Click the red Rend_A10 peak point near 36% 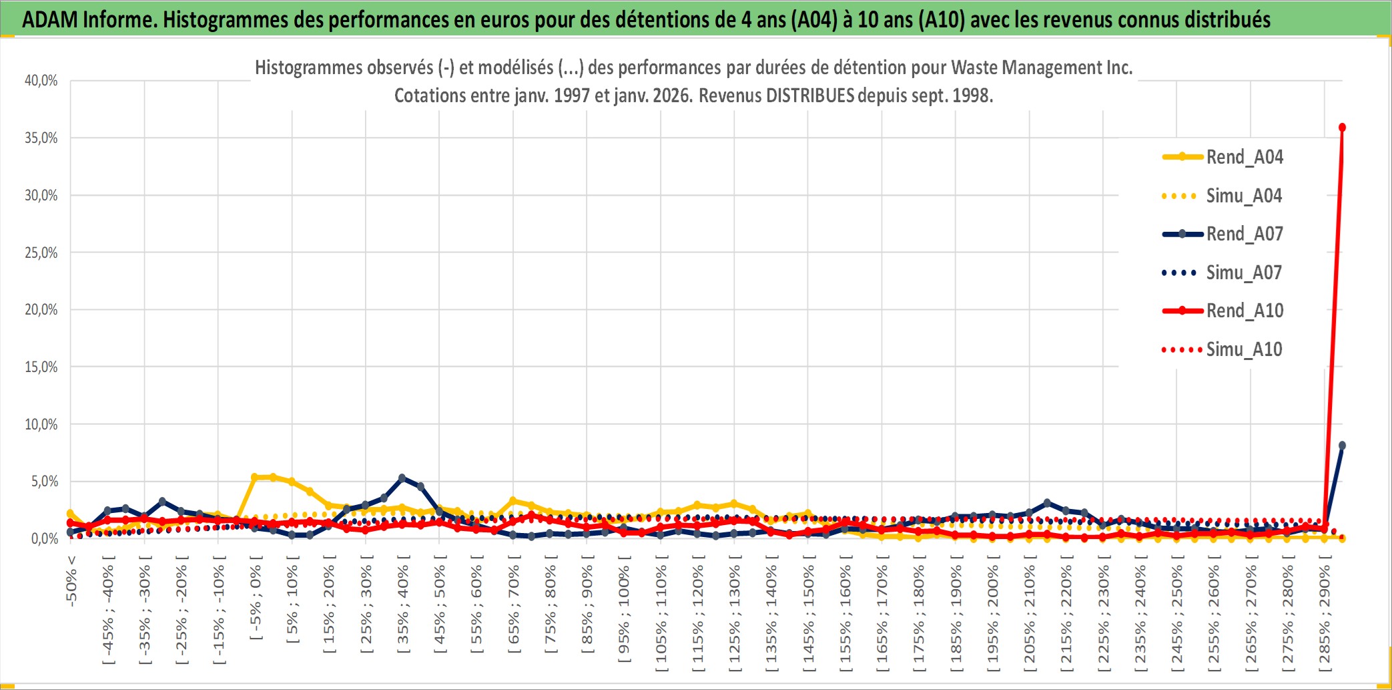pos(1342,128)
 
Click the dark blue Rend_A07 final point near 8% pos(1342,446)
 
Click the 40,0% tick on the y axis pos(41,81)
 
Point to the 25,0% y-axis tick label pos(41,252)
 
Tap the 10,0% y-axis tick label pos(41,424)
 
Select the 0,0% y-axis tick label pos(44,538)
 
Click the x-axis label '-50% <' pos(71,581)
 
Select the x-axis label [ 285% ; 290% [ pos(1325,618)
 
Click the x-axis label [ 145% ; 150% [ pos(808,618)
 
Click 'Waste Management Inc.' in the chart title pos(1042,67)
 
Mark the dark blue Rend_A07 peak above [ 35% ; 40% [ pos(402,478)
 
